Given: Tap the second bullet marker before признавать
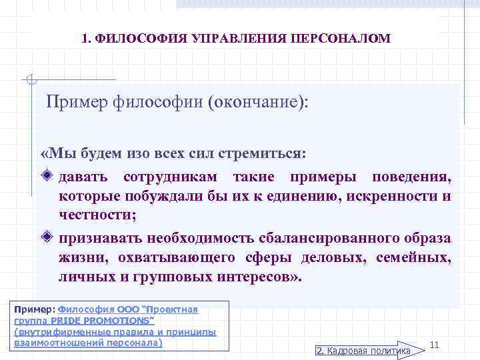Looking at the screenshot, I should click(46, 237).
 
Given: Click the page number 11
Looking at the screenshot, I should click(434, 345).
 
